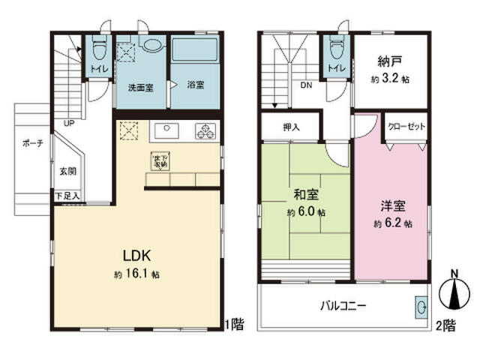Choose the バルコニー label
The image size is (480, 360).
344,306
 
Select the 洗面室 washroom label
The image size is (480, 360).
140,87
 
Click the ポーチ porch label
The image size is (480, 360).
32,143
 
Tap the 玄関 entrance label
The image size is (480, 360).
68,170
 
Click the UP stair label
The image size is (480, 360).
68,123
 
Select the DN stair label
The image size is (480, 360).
307,85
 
